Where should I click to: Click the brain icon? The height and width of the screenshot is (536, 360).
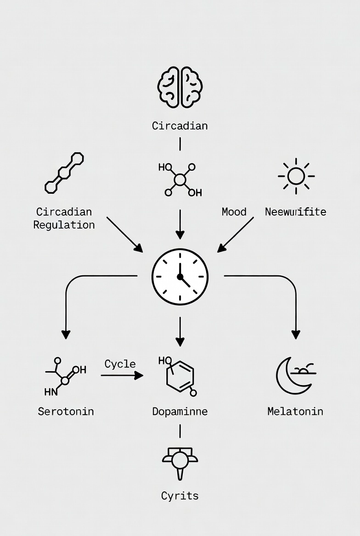tap(180, 87)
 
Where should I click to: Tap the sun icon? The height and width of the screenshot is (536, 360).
tap(296, 176)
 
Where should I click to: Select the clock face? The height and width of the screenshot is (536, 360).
tap(180, 277)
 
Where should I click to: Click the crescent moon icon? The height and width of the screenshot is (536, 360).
tap(289, 375)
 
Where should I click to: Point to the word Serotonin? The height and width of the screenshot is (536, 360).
tap(66, 411)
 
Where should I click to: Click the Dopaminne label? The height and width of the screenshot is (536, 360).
tap(180, 411)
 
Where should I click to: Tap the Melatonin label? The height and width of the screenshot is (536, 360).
tap(295, 411)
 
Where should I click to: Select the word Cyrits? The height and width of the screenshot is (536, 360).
tap(180, 496)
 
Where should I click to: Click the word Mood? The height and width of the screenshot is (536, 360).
tap(234, 212)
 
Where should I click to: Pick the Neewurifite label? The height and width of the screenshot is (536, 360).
tap(296, 212)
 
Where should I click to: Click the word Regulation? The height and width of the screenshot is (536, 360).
tap(64, 225)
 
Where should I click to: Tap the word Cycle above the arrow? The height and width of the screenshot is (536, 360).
tap(120, 364)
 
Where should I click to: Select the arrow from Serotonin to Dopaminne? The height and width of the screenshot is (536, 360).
tap(122, 375)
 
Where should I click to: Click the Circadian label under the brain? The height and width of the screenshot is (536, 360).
tap(180, 126)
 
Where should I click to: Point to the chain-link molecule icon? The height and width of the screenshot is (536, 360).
tap(64, 173)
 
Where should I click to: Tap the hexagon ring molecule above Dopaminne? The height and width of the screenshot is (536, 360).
tap(180, 375)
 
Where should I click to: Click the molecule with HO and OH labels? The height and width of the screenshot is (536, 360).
tap(180, 179)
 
